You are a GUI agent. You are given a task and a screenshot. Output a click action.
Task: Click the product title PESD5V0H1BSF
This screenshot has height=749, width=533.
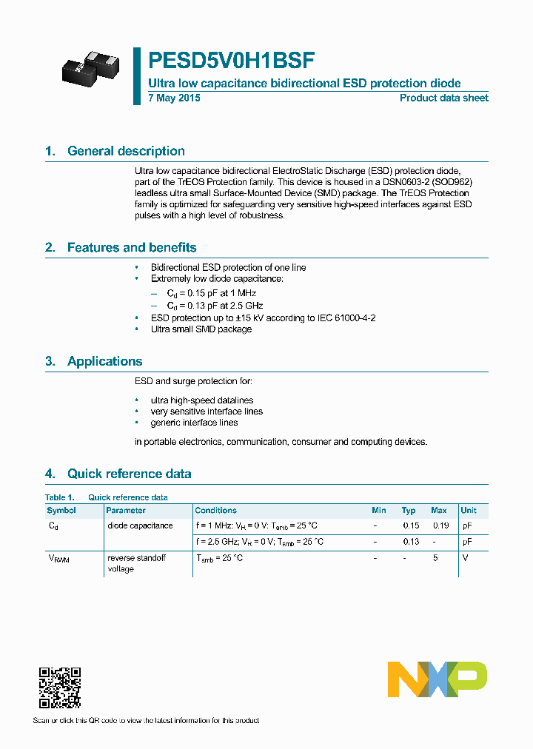click(x=232, y=60)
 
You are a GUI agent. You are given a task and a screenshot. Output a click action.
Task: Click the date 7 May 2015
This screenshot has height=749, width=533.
click(x=174, y=98)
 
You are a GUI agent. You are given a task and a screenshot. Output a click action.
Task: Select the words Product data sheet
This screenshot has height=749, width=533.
click(x=443, y=98)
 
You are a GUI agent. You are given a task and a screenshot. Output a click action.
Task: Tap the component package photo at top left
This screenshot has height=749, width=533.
click(x=90, y=68)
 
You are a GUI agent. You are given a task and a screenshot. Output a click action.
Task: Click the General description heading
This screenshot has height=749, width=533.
click(x=126, y=151)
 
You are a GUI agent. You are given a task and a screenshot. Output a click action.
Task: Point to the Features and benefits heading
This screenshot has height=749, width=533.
click(x=131, y=248)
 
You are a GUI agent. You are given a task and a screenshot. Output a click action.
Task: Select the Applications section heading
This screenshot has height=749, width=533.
click(x=104, y=361)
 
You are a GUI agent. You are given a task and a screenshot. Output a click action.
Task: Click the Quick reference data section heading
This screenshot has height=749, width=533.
click(x=129, y=474)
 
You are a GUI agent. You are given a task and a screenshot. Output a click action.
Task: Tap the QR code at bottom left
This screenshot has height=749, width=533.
click(x=60, y=688)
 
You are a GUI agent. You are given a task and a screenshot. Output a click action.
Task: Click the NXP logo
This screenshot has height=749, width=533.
click(x=437, y=679)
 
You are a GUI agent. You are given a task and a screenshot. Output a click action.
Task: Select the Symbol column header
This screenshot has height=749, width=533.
click(x=61, y=511)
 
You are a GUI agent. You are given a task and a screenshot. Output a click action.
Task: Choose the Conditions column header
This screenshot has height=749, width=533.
click(x=215, y=511)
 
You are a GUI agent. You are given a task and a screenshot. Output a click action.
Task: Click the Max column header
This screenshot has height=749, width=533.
click(x=439, y=511)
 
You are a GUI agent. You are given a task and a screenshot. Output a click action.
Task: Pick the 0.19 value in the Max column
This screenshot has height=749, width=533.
click(x=440, y=525)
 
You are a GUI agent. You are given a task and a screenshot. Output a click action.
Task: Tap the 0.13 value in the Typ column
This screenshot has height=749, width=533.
click(x=410, y=542)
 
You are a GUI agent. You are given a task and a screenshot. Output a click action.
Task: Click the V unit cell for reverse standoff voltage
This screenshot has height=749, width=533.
click(x=465, y=558)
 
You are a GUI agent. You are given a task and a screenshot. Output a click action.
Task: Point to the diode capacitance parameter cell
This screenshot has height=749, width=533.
click(x=140, y=525)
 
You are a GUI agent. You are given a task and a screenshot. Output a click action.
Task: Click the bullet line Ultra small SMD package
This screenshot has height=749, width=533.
click(x=201, y=329)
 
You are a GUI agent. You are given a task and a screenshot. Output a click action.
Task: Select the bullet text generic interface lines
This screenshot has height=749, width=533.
click(x=194, y=423)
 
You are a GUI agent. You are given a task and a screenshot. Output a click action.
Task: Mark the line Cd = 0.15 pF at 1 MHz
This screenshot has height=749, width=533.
click(x=210, y=294)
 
